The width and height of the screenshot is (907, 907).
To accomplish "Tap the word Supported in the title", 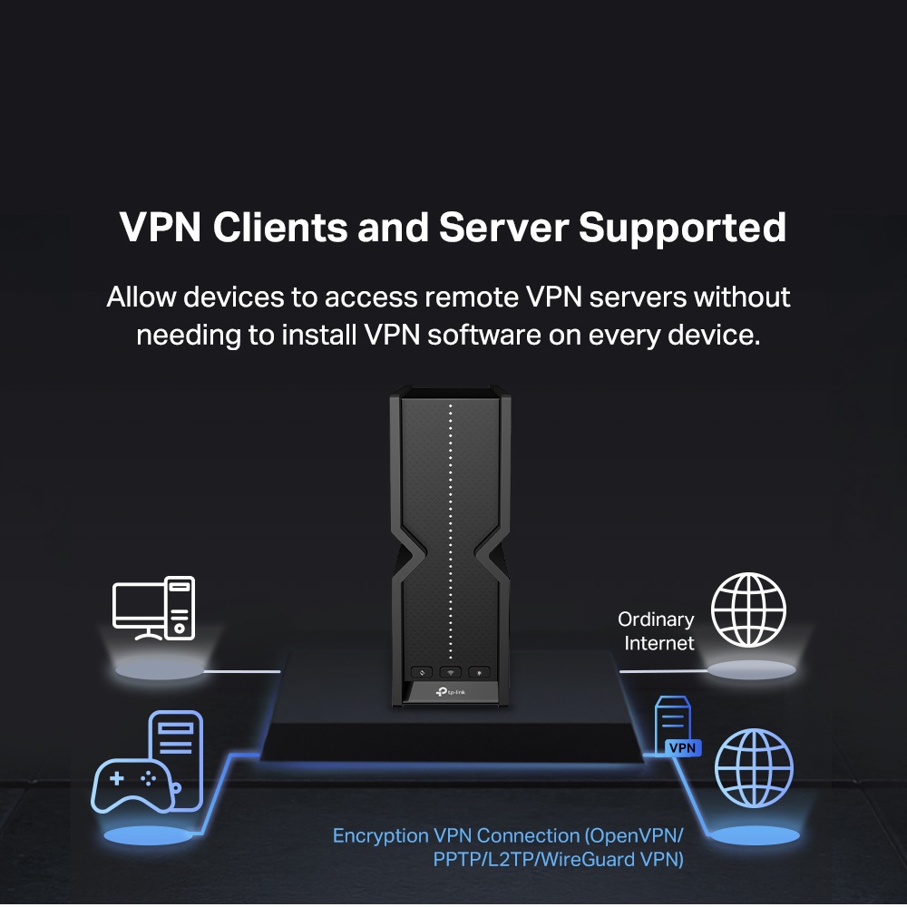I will (x=682, y=228).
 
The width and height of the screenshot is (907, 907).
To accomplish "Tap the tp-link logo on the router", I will (x=451, y=693).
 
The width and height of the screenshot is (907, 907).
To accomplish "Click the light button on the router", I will (x=481, y=672).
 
